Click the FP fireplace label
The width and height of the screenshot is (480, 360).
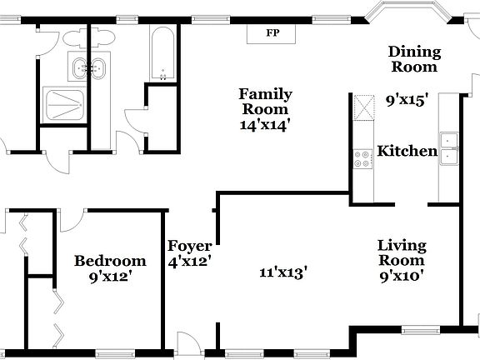272,34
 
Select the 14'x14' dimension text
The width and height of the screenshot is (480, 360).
264,125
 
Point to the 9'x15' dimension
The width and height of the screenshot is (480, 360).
407,100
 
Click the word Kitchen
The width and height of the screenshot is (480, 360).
407,151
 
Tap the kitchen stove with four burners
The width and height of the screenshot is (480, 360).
363,158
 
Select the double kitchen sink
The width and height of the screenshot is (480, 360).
449,147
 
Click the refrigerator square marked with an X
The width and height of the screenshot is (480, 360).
363,107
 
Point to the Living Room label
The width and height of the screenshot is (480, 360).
402,253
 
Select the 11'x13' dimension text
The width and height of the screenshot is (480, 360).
283,271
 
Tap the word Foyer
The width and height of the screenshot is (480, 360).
189,246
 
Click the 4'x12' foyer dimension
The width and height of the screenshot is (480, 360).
190,261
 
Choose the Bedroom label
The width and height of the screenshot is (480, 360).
110,261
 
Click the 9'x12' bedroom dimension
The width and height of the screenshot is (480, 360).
110,277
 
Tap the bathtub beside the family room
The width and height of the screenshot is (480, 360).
162,52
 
